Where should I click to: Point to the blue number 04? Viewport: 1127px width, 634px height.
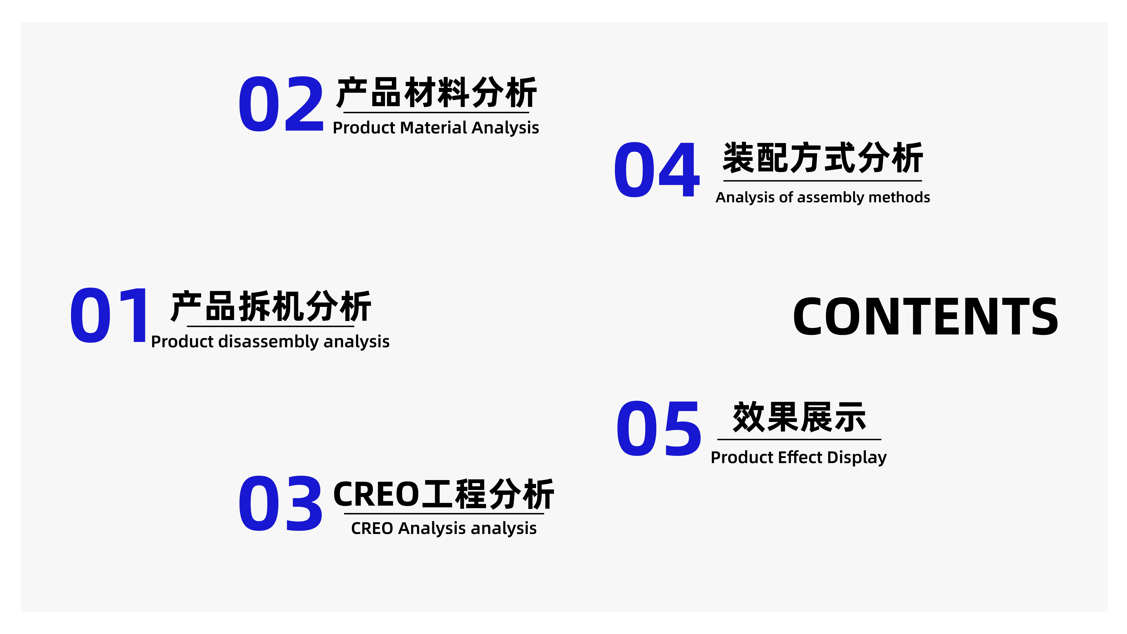coord(656,170)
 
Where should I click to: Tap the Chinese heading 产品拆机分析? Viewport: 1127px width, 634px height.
coord(271,306)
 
